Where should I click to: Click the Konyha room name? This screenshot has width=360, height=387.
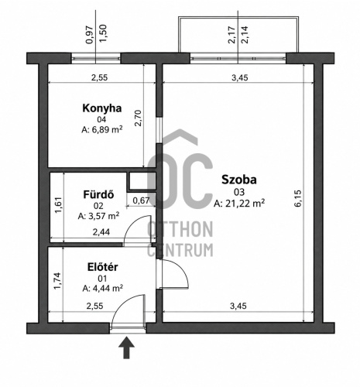click(102, 108)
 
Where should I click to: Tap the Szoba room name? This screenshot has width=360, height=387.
click(239, 180)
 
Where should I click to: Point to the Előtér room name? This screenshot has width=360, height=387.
click(103, 267)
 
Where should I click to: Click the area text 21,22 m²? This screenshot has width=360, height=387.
click(245, 204)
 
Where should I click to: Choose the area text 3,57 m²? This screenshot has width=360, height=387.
click(102, 216)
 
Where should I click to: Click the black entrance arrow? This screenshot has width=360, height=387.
click(126, 348)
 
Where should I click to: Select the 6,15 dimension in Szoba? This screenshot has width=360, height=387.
click(297, 198)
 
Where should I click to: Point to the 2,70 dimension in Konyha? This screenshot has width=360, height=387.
click(138, 118)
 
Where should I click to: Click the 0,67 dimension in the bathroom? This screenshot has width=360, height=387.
click(141, 200)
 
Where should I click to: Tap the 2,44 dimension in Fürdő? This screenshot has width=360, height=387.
click(101, 232)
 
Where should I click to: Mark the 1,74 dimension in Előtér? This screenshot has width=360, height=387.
click(58, 281)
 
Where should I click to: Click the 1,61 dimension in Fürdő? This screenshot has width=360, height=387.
click(58, 205)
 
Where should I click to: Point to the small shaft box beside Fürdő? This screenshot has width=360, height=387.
click(141, 181)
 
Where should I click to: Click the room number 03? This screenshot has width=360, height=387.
click(239, 192)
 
